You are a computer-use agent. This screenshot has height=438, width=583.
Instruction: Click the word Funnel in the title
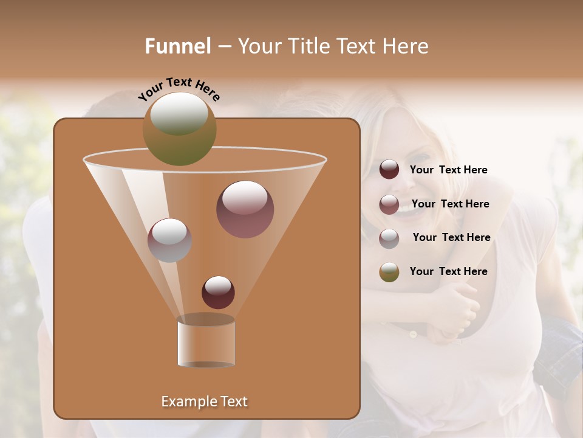[178, 46]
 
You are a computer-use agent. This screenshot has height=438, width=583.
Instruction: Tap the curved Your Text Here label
[179, 89]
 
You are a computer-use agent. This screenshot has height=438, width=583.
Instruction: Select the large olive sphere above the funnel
[180, 128]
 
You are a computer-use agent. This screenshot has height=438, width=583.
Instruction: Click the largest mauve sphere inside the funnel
[245, 209]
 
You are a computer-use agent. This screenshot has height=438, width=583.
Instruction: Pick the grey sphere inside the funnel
[169, 240]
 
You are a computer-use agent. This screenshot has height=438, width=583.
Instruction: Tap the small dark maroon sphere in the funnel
[218, 292]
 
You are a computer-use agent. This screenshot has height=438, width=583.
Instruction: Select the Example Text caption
[204, 401]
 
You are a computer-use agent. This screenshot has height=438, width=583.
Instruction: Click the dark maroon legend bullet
[389, 170]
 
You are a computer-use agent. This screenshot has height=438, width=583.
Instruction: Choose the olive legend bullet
[389, 272]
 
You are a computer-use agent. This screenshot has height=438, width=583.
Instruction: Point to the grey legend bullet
[389, 238]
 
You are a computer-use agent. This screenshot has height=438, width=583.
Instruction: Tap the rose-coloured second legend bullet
[389, 204]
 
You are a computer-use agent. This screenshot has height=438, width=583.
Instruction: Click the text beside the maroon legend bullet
[448, 170]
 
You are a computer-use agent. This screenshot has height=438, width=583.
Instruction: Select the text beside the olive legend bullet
[448, 271]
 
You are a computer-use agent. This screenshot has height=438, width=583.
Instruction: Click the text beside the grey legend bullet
[451, 237]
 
